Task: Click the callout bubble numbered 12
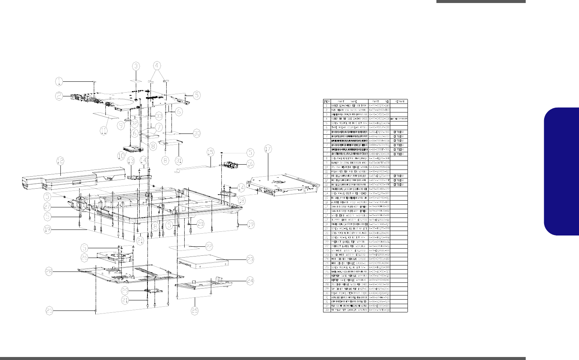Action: pyautogui.click(x=60, y=161)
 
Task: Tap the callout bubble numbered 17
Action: pyautogui.click(x=268, y=149)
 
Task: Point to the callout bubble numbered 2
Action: pyautogui.click(x=59, y=96)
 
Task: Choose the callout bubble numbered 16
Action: pyautogui.click(x=250, y=163)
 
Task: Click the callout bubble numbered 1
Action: pyautogui.click(x=59, y=81)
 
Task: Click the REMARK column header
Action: pyautogui.click(x=399, y=101)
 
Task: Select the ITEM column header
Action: pyautogui.click(x=327, y=101)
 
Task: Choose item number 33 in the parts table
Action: pyautogui.click(x=327, y=310)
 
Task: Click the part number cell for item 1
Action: pyautogui.click(x=379, y=106)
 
